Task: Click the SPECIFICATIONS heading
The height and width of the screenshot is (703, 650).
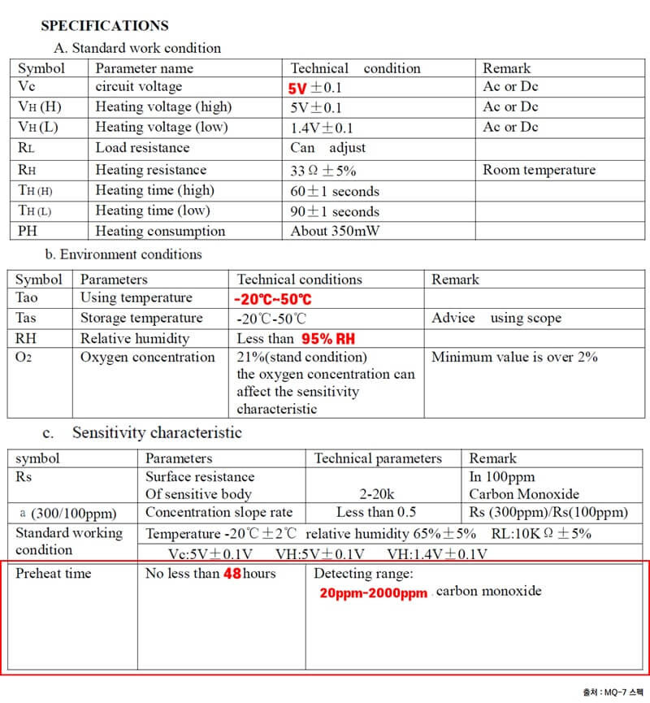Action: (x=105, y=26)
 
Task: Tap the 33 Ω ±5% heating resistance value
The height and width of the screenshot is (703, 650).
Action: (x=323, y=171)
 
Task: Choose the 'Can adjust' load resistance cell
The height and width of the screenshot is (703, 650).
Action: (x=327, y=148)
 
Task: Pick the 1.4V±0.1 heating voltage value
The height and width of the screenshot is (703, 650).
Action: (x=322, y=128)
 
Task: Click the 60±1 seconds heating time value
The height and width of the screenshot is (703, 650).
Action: (x=335, y=191)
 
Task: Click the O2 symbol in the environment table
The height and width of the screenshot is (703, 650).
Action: (x=26, y=358)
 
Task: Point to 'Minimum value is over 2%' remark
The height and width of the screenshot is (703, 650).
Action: (x=514, y=358)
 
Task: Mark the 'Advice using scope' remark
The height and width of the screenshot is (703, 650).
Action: (x=496, y=318)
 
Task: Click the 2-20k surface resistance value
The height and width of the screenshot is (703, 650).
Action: (x=377, y=493)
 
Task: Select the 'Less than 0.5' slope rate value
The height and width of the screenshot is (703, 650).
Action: (x=376, y=512)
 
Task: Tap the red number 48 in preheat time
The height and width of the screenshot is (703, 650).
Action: (x=232, y=574)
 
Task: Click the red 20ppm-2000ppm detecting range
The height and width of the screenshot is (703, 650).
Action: (x=373, y=593)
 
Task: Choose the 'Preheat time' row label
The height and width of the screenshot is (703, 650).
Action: (x=54, y=574)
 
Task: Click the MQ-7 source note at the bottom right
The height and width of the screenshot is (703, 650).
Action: (x=613, y=692)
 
